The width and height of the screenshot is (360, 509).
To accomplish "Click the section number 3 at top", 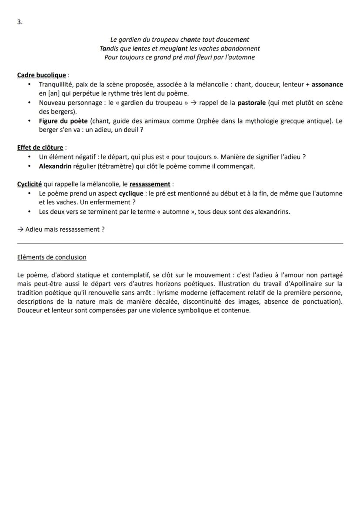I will click(19, 22).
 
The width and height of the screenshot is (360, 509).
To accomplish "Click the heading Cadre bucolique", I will click(41, 75).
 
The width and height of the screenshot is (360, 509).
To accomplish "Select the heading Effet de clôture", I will click(40, 148).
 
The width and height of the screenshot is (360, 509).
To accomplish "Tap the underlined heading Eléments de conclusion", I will click(52, 257).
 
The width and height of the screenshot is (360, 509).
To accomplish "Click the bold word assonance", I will click(327, 84).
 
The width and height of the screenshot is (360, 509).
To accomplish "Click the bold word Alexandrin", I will click(55, 166).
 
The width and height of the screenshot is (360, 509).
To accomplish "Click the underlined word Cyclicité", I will click(29, 184).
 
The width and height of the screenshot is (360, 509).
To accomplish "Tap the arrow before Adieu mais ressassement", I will click(20, 229).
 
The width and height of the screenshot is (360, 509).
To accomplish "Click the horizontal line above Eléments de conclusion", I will click(180, 243).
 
